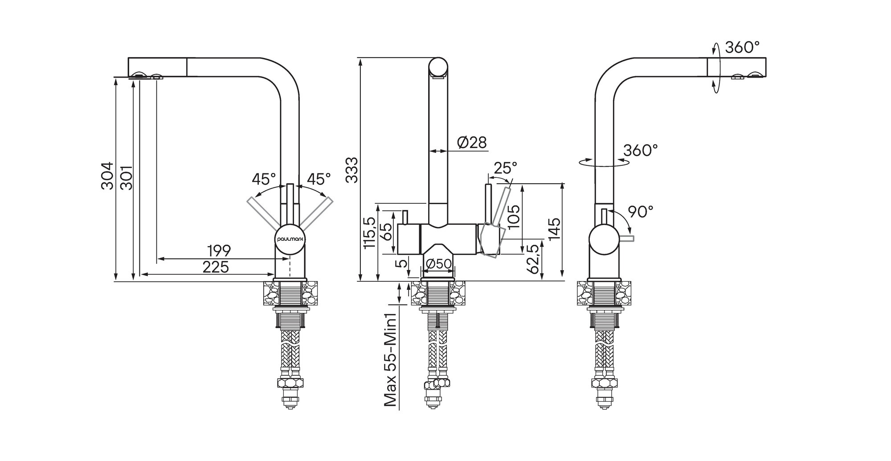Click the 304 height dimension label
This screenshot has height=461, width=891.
[x=107, y=176]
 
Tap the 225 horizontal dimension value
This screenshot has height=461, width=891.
[x=216, y=267]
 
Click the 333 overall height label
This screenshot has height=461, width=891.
[x=351, y=170]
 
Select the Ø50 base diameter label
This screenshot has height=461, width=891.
[x=438, y=264]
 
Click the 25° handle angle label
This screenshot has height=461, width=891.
[x=506, y=168]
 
